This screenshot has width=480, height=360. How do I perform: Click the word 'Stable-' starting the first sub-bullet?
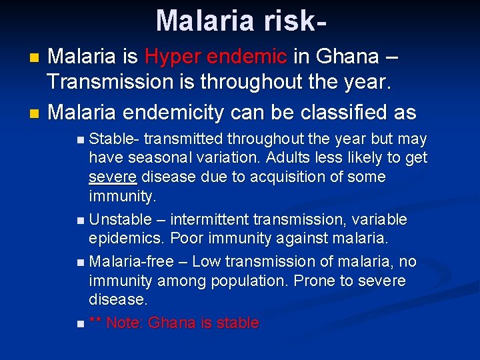tap(113, 139)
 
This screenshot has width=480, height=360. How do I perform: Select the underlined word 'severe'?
tap(113, 177)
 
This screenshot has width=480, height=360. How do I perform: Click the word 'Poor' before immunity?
tap(185, 239)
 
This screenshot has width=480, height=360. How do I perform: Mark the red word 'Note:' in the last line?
tap(125, 323)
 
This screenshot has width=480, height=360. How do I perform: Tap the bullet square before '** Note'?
tap(80, 324)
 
